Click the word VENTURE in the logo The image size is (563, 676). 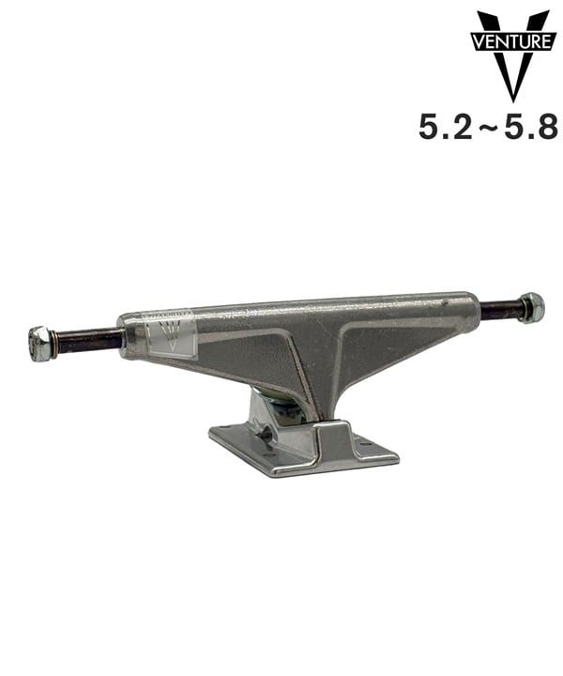pyautogui.click(x=510, y=42)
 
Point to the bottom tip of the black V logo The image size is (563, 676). pyautogui.click(x=512, y=101)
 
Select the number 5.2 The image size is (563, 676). pyautogui.click(x=446, y=127)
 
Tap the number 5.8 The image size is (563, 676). pyautogui.click(x=531, y=127)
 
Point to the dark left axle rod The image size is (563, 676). pyautogui.click(x=89, y=340)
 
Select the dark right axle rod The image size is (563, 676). pyautogui.click(x=500, y=310)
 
